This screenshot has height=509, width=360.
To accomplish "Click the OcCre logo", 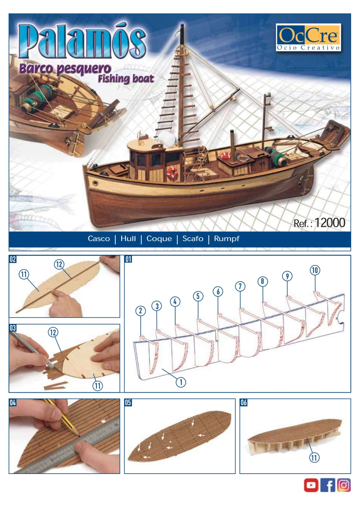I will tap(308, 37).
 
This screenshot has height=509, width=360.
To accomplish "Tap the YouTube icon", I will tap(311, 485).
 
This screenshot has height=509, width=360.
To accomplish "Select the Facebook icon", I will tap(328, 485).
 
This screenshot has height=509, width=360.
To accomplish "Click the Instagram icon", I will tap(344, 485).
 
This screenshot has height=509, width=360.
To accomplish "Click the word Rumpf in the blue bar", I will tap(226, 239).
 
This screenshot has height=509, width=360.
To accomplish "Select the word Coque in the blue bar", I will tap(159, 239).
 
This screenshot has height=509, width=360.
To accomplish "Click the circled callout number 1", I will tap(181, 382).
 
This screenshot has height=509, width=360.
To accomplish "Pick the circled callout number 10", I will tap(314, 270).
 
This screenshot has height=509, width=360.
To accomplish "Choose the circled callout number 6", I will tap(218, 291).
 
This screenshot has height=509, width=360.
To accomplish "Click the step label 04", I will tap(13, 403).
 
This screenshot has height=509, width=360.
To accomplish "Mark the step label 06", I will tap(244, 403).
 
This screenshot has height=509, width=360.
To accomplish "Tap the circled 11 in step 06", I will tap(314, 458).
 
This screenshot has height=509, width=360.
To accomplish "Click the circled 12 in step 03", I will tap(53, 332).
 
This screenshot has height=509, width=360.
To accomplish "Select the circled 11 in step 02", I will tap(24, 274).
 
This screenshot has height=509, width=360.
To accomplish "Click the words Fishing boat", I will tap(126, 79).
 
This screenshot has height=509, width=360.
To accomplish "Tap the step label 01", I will tap(128, 259).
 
